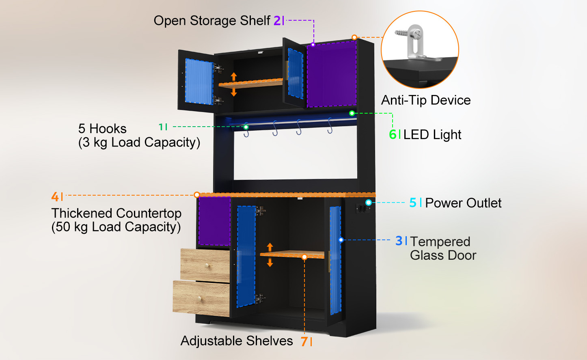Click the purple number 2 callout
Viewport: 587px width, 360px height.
(x=277, y=20)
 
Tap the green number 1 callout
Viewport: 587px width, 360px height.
(x=161, y=127)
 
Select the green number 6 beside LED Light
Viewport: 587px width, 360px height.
(x=393, y=134)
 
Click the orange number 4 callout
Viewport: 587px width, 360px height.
(x=55, y=196)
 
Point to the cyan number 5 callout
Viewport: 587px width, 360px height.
(x=413, y=203)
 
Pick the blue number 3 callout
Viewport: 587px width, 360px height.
(x=399, y=241)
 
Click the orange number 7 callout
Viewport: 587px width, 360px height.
(x=304, y=341)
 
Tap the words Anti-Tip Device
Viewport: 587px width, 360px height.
(x=426, y=100)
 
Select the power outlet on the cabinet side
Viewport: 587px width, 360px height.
(x=363, y=209)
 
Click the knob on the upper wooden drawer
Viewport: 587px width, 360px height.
(x=207, y=266)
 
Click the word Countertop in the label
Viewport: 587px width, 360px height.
(x=149, y=213)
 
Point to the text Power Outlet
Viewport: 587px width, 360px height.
(x=463, y=203)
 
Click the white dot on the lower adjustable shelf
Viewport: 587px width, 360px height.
(x=304, y=257)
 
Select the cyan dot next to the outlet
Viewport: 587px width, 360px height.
(x=369, y=202)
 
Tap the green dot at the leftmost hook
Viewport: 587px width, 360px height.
(x=246, y=127)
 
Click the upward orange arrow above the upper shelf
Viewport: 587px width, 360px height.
(x=234, y=77)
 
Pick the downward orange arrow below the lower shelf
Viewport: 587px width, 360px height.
(x=270, y=262)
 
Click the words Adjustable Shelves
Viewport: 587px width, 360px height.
(x=237, y=341)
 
